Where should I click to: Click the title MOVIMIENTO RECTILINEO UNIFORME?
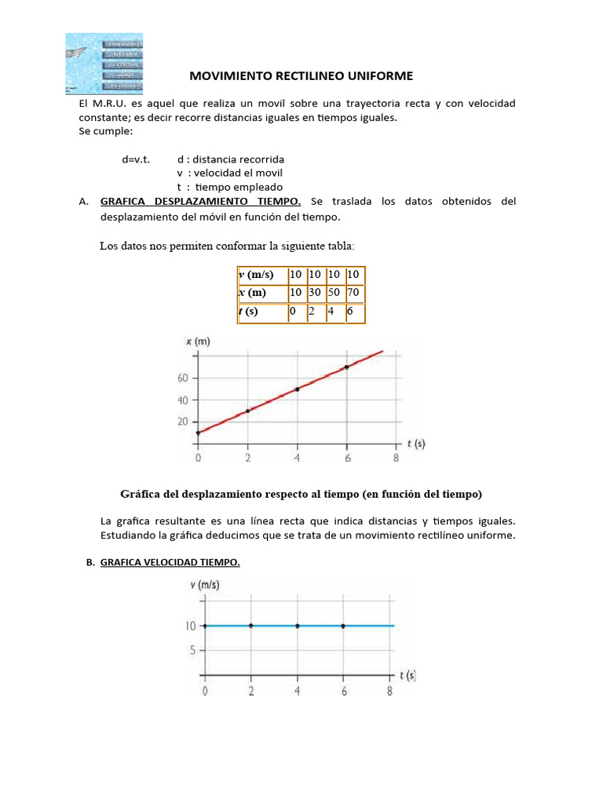click(301, 75)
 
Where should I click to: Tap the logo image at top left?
click(104, 62)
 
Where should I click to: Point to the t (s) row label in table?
click(249, 312)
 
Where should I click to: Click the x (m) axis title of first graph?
click(198, 342)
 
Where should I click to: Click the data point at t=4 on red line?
click(298, 389)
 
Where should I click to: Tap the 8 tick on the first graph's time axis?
click(396, 458)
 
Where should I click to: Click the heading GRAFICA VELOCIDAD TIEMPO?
click(170, 563)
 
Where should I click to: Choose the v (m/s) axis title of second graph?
click(205, 585)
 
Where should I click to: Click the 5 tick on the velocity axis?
click(191, 650)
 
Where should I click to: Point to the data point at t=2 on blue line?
click(250, 626)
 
